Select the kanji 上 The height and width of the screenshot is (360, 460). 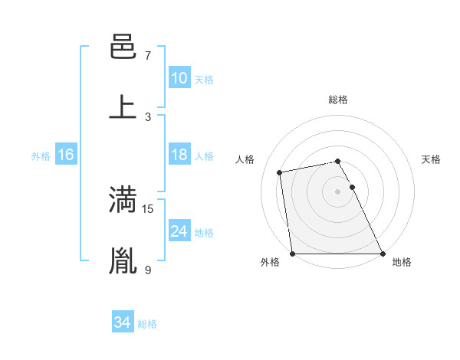click(x=123, y=107)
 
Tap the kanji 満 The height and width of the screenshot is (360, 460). click(x=123, y=200)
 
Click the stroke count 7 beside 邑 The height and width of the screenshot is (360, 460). click(x=148, y=56)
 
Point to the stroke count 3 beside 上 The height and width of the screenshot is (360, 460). click(x=148, y=116)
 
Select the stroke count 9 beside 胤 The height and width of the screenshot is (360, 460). click(x=148, y=269)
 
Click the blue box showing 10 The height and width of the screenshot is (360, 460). click(x=179, y=78)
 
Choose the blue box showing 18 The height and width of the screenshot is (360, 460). click(x=179, y=155)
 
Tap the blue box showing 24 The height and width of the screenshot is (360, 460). click(x=179, y=231)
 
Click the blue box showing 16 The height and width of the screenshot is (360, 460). click(x=66, y=155)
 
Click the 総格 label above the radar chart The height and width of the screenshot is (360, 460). click(x=338, y=100)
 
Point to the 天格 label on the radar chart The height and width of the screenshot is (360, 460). click(x=432, y=159)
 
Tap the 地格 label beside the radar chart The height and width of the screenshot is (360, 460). click(x=402, y=262)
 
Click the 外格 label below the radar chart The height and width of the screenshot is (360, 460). click(x=270, y=262)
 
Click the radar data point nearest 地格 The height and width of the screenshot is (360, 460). click(x=382, y=253)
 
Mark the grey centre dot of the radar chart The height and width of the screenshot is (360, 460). click(x=338, y=191)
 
